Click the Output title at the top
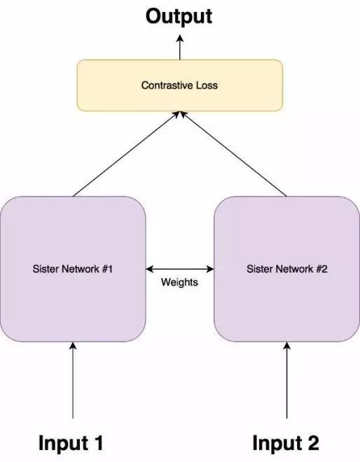(x=179, y=17)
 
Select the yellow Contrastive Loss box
(x=180, y=85)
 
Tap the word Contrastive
(x=165, y=85)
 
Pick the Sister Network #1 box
(x=73, y=269)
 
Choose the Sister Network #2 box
(x=287, y=269)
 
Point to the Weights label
(x=179, y=282)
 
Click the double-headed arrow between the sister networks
(x=180, y=269)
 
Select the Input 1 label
(x=71, y=443)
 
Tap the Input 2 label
(x=286, y=443)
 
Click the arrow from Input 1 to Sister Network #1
(x=73, y=380)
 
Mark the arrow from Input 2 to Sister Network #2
(x=287, y=380)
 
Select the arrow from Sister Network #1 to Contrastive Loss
(x=126, y=154)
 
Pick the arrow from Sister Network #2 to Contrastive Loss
(x=233, y=154)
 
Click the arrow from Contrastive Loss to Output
(x=180, y=47)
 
